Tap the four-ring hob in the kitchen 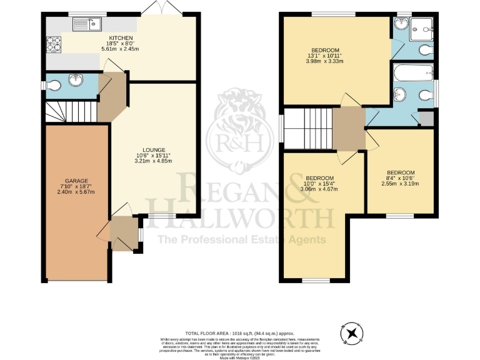tap(53, 44)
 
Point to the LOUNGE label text tap(153, 150)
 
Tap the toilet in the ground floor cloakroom tap(52, 85)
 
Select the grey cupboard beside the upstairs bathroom tap(426, 119)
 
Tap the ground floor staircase tap(71, 112)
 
